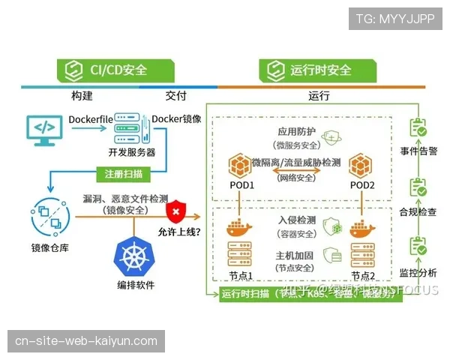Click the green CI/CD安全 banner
pos(116,70)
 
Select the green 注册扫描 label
pos(124,174)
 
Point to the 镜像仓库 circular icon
pos(50,216)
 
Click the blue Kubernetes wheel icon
pos(135,255)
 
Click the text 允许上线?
pos(178,232)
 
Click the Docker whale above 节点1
pos(239,227)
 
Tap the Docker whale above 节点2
pos(361,227)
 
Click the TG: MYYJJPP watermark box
pos(395,19)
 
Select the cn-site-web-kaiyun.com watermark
pos(86,341)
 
